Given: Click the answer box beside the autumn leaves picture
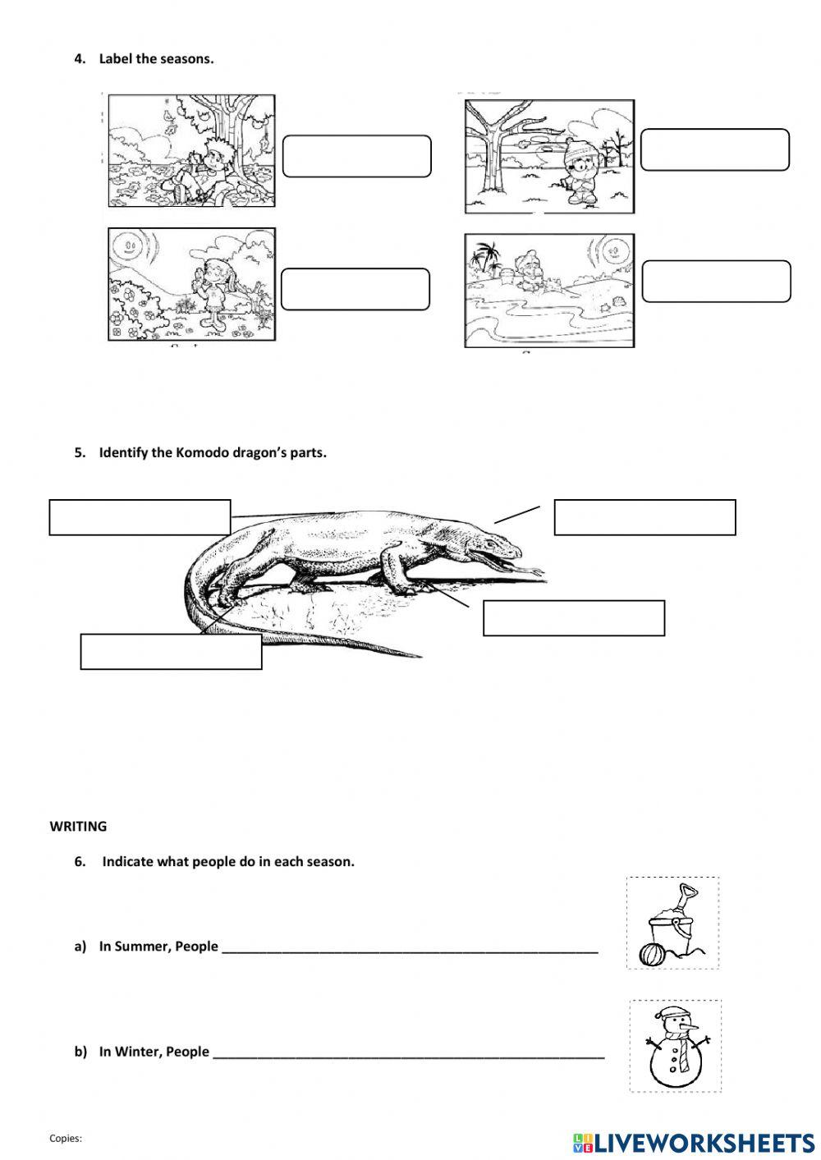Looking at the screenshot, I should [356, 156].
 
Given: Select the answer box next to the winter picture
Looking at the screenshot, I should [714, 149].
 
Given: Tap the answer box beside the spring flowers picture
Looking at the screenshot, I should [355, 289].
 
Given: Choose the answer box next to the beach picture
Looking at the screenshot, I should [716, 282].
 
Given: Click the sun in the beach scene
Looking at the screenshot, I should [611, 248].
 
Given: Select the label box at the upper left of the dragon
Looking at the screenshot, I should [140, 517].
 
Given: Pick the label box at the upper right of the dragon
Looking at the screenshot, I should [644, 517].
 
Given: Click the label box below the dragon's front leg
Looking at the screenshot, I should [573, 618].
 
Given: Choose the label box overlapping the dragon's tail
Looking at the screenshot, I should [171, 652].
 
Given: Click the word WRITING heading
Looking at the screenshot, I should [78, 827].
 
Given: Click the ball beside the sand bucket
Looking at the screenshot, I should [650, 955].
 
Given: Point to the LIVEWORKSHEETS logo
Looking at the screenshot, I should [693, 1142].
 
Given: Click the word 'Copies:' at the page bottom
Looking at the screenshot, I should [66, 1139].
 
